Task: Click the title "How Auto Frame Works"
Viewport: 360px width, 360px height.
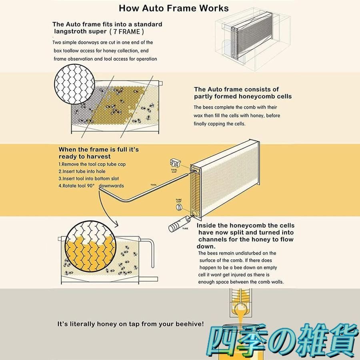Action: click(174, 8)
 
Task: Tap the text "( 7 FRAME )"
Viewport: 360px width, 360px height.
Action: click(127, 32)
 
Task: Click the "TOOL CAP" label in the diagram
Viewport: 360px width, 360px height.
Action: click(174, 171)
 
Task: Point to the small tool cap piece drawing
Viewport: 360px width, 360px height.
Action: click(175, 163)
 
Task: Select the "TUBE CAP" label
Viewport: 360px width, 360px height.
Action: click(179, 201)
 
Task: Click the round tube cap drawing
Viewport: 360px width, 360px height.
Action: click(179, 207)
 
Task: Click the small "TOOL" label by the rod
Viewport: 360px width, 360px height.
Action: click(154, 185)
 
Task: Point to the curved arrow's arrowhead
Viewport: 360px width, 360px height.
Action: click(116, 224)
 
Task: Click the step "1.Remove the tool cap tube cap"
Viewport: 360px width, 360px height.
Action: click(92, 164)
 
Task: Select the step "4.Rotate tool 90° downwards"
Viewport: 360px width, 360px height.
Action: click(91, 186)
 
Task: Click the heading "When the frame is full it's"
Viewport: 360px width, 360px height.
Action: click(99, 150)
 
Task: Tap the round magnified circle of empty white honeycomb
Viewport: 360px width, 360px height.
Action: click(75, 84)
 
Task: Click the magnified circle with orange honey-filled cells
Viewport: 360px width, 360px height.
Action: click(90, 246)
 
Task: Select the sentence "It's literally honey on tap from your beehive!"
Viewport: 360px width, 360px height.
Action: click(130, 324)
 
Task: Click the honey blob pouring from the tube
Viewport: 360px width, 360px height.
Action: click(241, 309)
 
